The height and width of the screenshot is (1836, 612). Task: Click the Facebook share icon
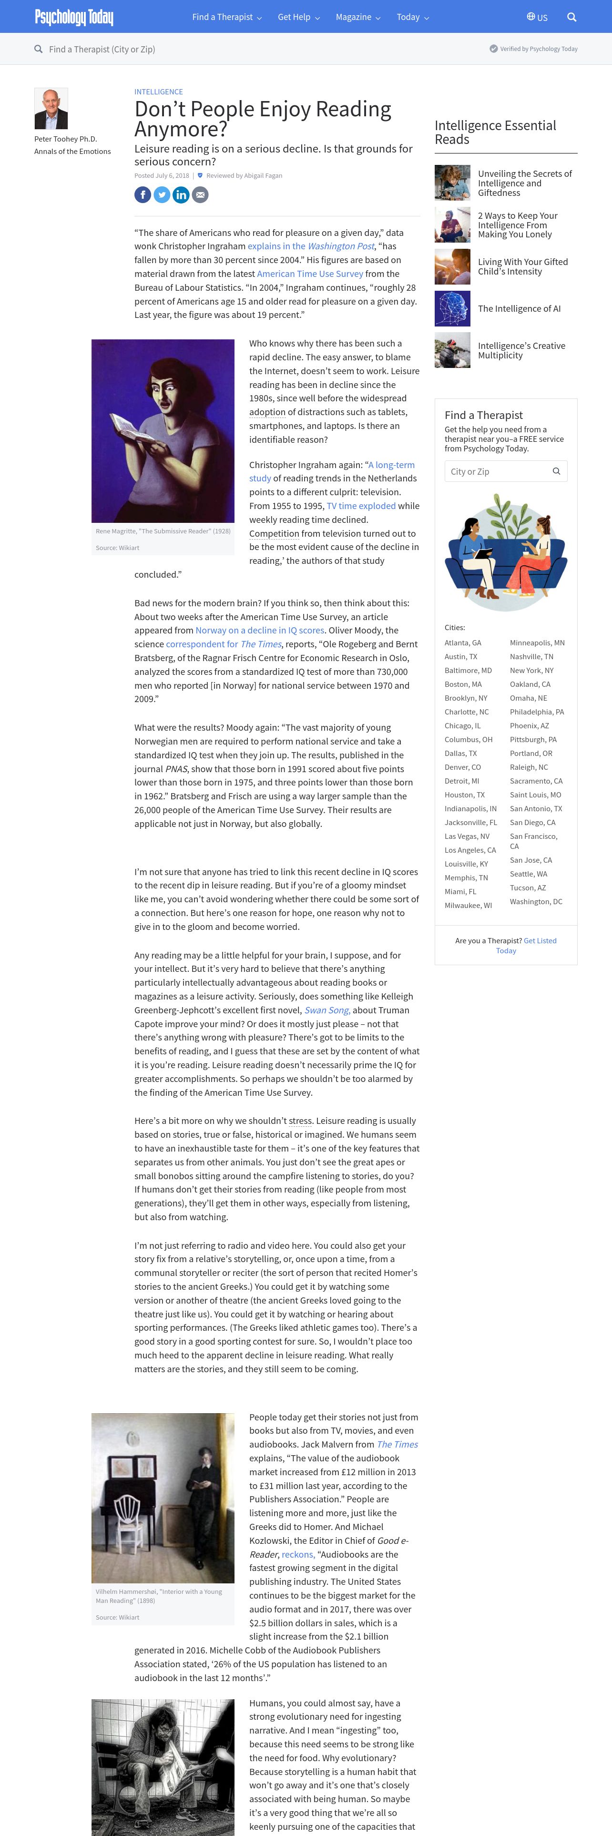[143, 194]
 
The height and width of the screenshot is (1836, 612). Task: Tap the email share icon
[200, 194]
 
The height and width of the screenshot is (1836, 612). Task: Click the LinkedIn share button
[181, 194]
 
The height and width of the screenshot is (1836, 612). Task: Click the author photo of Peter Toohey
[51, 108]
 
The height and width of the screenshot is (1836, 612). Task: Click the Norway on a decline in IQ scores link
[260, 630]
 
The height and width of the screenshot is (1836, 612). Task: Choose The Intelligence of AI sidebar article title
[519, 308]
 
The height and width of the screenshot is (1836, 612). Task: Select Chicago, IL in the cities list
[462, 725]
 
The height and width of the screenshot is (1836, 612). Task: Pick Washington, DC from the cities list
[536, 902]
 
